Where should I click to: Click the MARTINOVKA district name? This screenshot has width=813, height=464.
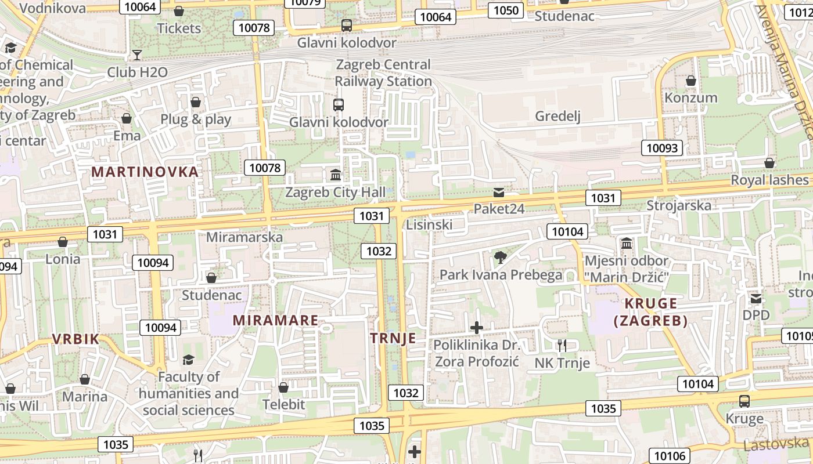tap(145, 172)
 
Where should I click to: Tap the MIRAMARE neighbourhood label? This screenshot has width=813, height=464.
tap(275, 320)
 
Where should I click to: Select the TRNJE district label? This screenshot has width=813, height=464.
tap(393, 338)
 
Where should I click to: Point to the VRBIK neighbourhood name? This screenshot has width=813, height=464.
tap(75, 339)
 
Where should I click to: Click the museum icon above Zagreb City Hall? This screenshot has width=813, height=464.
tap(335, 175)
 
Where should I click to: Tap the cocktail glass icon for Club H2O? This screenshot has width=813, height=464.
tap(137, 55)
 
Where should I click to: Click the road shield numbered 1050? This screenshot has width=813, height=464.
tap(506, 10)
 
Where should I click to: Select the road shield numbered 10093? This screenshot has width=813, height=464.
tap(662, 148)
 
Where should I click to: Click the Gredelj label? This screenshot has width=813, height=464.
tap(557, 117)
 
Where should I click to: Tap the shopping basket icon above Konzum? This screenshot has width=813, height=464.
tap(691, 80)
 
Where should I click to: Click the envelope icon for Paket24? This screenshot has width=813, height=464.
tap(499, 192)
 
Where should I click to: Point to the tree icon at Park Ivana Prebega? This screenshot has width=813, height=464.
tap(500, 257)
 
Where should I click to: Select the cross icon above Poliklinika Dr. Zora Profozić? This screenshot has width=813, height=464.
tap(476, 328)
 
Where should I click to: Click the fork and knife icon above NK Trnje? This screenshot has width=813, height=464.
tap(562, 346)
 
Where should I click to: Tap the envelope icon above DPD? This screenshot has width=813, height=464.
tap(756, 299)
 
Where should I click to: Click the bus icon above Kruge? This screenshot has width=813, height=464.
tap(744, 401)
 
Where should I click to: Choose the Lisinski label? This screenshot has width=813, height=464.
tap(429, 224)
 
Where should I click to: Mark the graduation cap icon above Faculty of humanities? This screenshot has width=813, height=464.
tap(188, 360)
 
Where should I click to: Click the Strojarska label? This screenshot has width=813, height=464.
tap(679, 205)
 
